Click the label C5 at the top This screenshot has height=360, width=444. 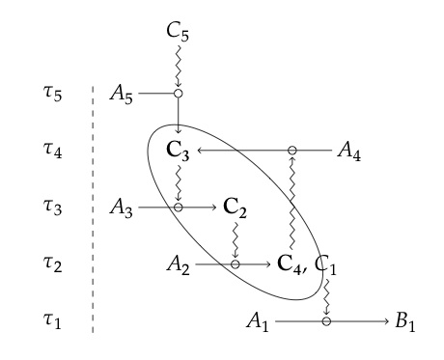(179, 33)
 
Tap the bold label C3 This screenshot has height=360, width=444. (179, 151)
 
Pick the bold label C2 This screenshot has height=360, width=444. (235, 207)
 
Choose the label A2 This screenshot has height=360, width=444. (179, 263)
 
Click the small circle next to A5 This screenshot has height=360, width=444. (179, 95)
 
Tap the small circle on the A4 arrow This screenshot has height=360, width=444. (291, 151)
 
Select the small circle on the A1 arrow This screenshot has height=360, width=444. (327, 319)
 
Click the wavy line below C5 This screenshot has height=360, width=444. (179, 66)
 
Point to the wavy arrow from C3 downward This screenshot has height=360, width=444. (179, 180)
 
